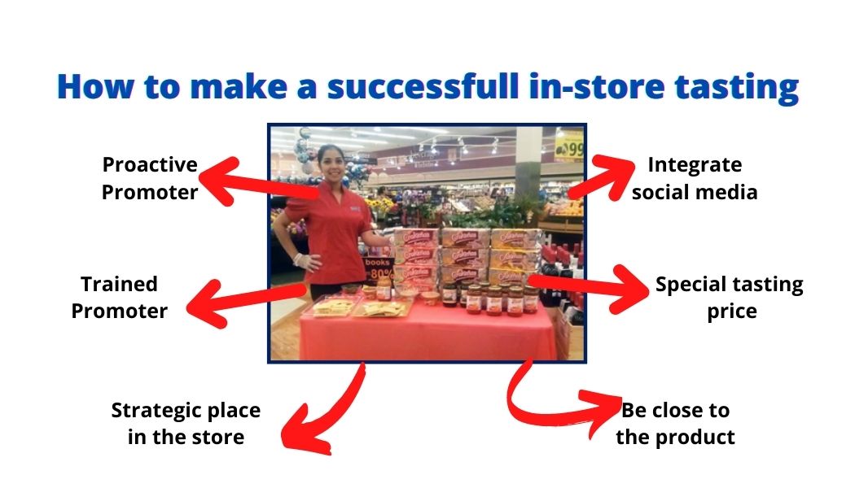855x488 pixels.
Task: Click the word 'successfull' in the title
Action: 423,86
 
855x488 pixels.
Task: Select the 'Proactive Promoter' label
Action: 150,178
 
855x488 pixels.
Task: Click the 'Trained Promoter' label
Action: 120,298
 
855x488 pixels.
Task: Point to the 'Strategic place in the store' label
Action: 186,423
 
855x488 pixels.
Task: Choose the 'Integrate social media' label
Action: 695,178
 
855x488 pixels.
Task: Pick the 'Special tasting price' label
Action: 730,298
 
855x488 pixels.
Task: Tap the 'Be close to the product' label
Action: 676,423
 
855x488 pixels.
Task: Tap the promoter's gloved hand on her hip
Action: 305,261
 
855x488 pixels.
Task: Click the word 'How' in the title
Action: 95,86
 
